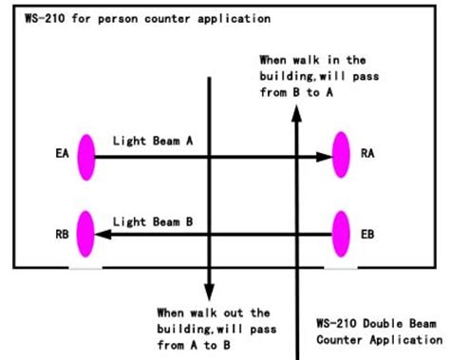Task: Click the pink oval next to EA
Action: coord(86,156)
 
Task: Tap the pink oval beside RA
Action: coord(342,156)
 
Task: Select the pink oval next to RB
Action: coord(86,233)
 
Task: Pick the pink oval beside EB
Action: coord(342,233)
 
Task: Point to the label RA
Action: coord(368,152)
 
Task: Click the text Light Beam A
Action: coord(153,140)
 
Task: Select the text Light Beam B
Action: coord(153,221)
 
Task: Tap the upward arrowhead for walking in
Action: coord(297,113)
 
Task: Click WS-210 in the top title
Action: coord(34,17)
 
